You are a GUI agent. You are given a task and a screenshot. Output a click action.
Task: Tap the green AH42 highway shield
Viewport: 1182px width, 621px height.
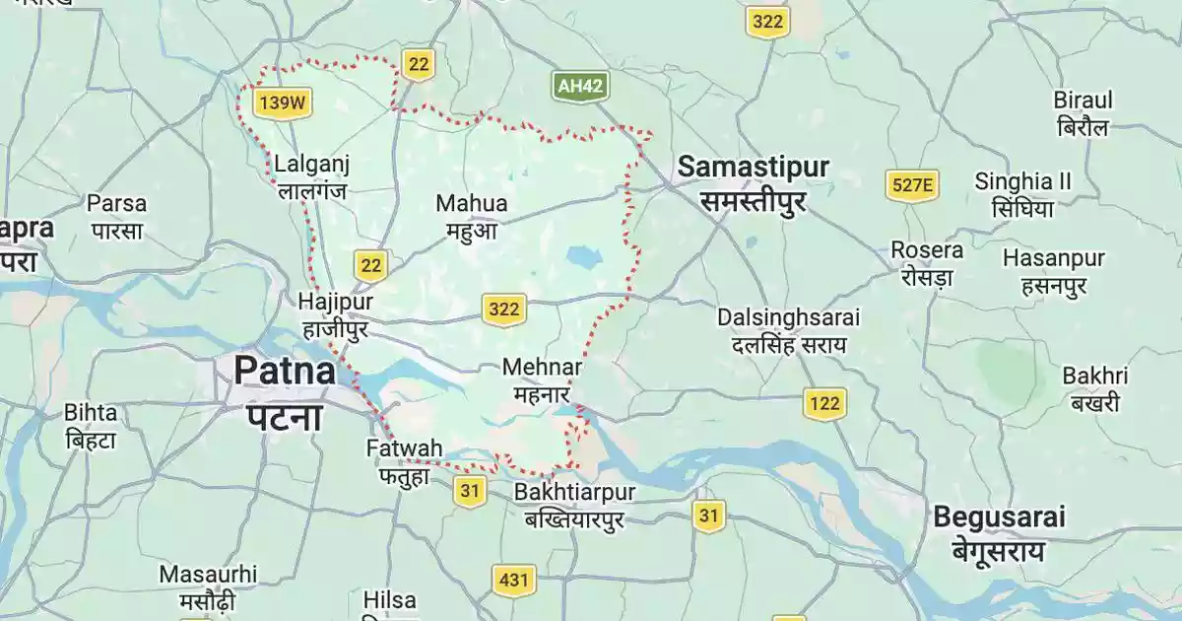pos(579,86)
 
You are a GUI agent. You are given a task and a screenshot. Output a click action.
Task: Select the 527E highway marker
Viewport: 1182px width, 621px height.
pos(911,184)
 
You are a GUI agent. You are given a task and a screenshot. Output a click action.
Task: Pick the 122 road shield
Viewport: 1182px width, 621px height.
pos(824,402)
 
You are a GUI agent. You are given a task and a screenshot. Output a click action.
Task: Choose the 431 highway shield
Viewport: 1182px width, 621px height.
pos(513,580)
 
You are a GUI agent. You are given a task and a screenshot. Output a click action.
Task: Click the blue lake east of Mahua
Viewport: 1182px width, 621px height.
pos(583,258)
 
